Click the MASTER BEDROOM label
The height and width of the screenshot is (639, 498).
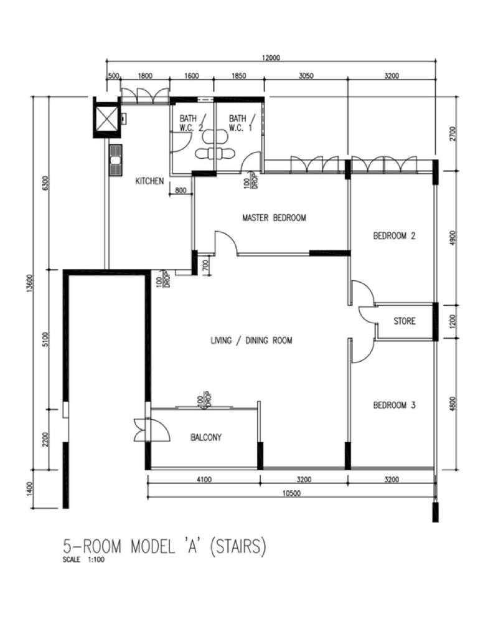coord(274,217)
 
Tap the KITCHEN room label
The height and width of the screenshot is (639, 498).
coord(149,181)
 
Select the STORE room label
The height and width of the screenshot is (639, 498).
coord(405,321)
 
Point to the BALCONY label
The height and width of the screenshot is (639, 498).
coord(206,437)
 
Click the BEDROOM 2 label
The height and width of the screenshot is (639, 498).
coord(394,235)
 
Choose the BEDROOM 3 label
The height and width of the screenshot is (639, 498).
coord(394,405)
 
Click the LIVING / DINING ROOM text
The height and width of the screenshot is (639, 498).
coord(251,340)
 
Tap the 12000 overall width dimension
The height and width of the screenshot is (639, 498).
coord(271,57)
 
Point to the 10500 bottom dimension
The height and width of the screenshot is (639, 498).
coord(291,493)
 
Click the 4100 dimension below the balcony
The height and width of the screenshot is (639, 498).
coord(204,480)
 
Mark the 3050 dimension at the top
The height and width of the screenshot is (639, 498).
coord(306,75)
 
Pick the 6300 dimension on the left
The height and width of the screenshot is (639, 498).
coord(45,182)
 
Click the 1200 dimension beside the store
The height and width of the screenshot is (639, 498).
coord(454,321)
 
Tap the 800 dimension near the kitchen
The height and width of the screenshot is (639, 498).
coord(181,190)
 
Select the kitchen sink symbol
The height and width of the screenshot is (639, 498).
coord(115,159)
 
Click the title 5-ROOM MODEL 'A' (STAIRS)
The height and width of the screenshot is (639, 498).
coord(164,546)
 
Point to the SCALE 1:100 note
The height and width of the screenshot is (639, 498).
coord(83,560)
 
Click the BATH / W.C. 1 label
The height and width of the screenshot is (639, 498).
coord(242,123)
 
